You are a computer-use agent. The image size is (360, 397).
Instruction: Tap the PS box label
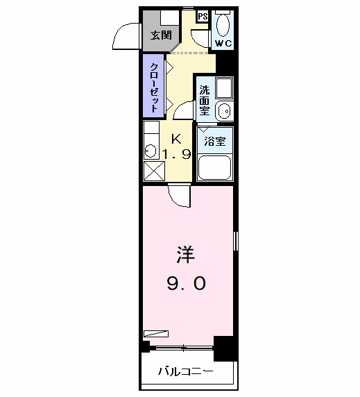203,17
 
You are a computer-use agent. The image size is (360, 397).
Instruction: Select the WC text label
223,44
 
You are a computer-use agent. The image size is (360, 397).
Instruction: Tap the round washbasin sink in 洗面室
223,110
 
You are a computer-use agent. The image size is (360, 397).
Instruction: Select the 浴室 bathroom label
214,140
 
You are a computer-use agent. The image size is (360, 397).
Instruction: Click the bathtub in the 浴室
215,167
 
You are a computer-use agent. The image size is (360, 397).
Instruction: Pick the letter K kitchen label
175,137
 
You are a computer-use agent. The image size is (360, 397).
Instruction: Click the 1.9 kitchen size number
176,153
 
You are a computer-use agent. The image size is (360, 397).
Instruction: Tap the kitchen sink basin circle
149,149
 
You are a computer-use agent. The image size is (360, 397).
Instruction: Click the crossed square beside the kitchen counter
153,171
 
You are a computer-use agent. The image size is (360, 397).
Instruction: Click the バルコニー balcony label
185,372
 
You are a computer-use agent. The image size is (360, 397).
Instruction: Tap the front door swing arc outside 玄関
128,37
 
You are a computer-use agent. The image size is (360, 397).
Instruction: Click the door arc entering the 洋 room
179,196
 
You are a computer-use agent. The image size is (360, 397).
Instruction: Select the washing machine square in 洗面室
223,88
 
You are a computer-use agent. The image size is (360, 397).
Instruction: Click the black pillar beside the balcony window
223,346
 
